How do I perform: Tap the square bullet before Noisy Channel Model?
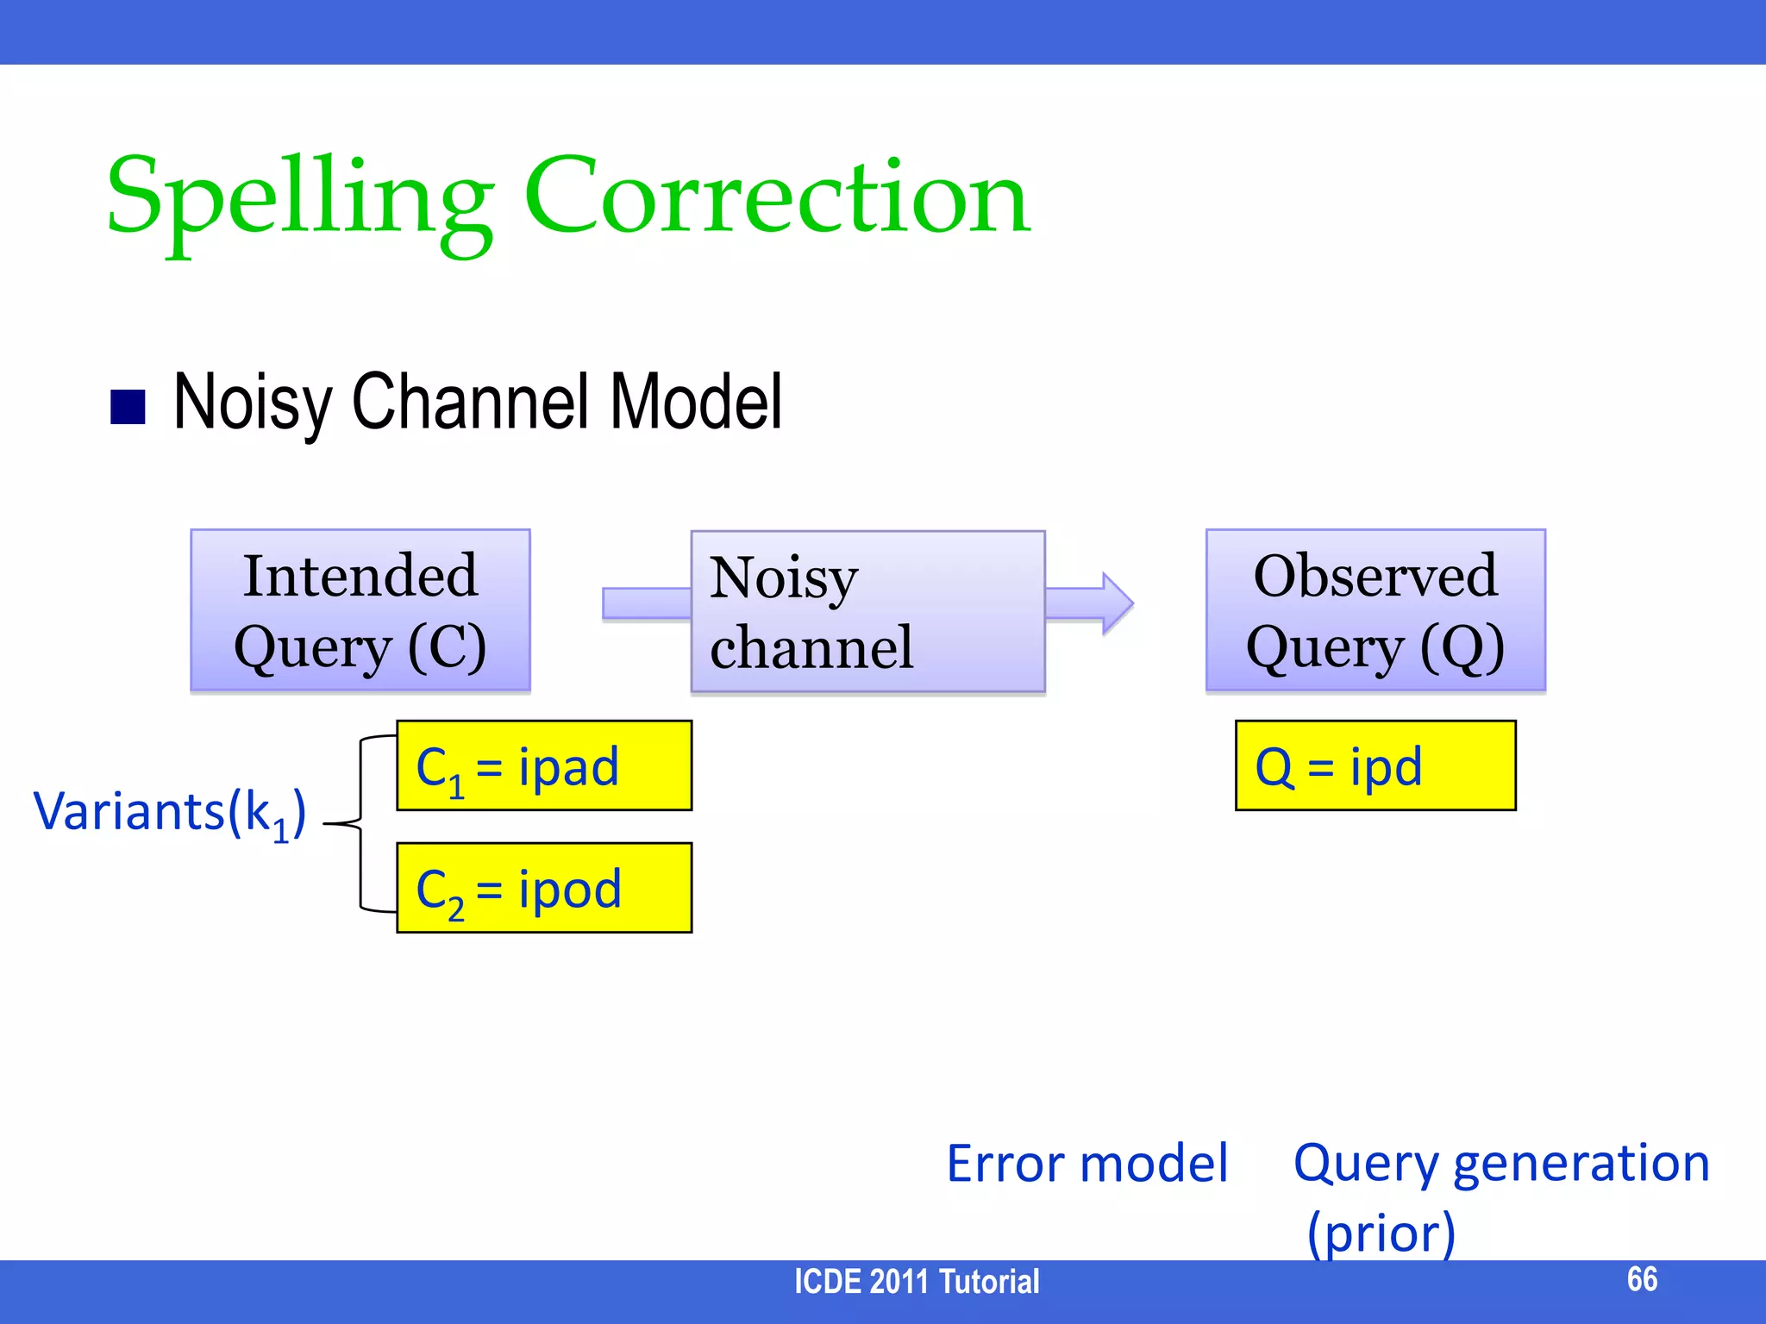pyautogui.click(x=128, y=408)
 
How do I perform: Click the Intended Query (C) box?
pyautogui.click(x=360, y=610)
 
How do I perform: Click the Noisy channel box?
pyautogui.click(x=867, y=611)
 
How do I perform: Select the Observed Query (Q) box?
pyautogui.click(x=1375, y=610)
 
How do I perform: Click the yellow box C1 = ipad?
pyautogui.click(x=543, y=765)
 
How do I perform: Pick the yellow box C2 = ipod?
pyautogui.click(x=543, y=888)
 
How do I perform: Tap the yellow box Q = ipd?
pyautogui.click(x=1375, y=765)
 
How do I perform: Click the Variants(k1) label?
pyautogui.click(x=169, y=813)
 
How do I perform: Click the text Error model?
pyautogui.click(x=1087, y=1164)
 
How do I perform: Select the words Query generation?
pyautogui.click(x=1500, y=1164)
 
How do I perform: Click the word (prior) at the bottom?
pyautogui.click(x=1381, y=1233)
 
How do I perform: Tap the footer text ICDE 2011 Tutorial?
pyautogui.click(x=916, y=1282)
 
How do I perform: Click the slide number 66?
pyautogui.click(x=1641, y=1279)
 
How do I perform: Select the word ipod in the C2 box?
pyautogui.click(x=569, y=890)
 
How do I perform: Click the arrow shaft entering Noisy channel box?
pyautogui.click(x=646, y=603)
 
